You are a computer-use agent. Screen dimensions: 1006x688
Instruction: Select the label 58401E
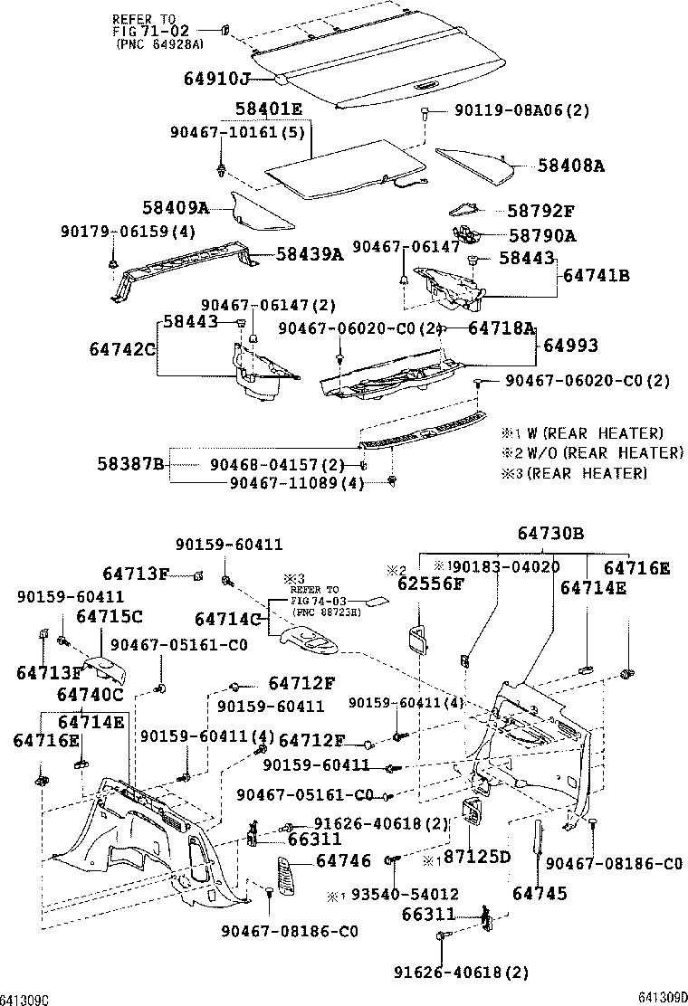point(269,109)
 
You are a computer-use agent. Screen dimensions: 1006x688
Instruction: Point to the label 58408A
point(570,166)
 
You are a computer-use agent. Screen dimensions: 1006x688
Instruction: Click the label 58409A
point(176,208)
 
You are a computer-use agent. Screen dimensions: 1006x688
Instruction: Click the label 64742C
point(122,349)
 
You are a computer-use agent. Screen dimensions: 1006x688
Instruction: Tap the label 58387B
point(130,464)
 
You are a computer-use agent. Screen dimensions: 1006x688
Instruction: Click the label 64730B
point(550,533)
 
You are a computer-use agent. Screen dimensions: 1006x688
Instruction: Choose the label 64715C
point(109,616)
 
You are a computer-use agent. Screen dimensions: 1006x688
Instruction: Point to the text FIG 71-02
point(150,31)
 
